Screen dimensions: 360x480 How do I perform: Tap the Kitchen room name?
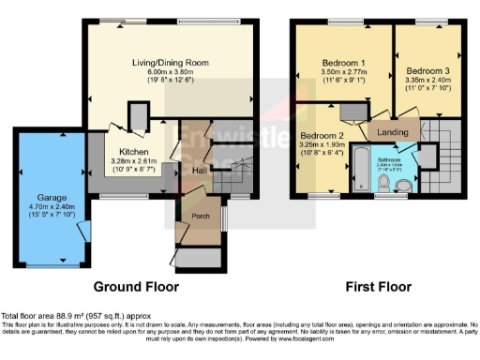133,150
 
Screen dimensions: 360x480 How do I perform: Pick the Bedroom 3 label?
427,70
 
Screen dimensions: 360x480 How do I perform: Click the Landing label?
393,133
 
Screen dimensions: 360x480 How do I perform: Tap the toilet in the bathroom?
404,187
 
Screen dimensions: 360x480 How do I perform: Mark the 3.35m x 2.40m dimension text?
427,80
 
